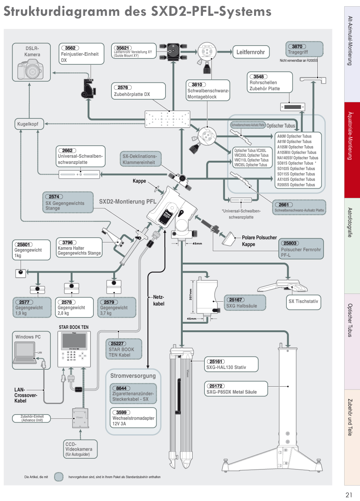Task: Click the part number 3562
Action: point(70,48)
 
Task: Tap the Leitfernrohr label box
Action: point(250,52)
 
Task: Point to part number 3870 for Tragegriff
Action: point(297,46)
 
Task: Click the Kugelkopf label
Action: point(28,124)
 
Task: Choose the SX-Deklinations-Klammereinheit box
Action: point(139,159)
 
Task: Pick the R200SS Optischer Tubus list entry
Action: point(296,185)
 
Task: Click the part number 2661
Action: point(284,205)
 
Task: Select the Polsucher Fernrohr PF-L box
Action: point(301,249)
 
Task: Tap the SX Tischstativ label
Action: point(303,301)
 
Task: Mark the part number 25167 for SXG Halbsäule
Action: point(235,300)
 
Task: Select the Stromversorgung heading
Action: point(133,376)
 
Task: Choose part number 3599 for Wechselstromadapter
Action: point(121,412)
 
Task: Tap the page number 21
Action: point(349,495)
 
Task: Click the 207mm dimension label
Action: point(190,295)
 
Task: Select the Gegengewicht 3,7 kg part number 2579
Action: point(109,302)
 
